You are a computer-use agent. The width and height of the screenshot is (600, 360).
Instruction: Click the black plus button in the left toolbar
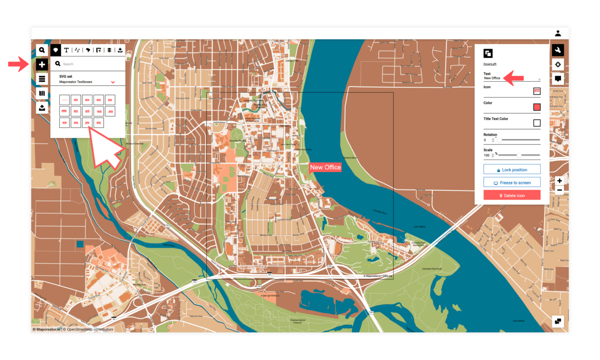42,64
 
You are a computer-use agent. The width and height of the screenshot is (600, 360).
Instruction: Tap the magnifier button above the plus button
42,50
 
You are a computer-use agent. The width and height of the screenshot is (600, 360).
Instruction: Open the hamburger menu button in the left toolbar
42,79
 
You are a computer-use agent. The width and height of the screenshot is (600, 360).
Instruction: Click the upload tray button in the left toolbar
42,108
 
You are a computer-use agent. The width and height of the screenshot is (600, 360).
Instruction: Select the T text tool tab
66,50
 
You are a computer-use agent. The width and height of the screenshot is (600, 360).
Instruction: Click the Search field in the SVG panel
90,64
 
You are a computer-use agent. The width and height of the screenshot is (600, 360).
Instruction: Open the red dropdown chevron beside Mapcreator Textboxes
113,82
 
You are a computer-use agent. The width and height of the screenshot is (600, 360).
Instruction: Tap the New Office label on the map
325,168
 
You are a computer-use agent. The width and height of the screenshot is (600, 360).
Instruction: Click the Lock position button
512,170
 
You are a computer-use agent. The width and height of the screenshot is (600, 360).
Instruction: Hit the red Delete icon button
512,195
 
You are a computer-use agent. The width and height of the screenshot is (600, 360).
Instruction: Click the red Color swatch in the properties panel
537,107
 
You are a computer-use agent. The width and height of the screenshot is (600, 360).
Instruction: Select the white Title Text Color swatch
537,123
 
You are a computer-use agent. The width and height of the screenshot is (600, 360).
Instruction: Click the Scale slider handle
519,155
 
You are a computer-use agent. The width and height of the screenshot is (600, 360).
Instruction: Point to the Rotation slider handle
500,140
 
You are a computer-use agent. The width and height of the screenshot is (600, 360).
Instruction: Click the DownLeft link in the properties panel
490,64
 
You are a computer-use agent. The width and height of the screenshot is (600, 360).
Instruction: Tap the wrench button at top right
558,50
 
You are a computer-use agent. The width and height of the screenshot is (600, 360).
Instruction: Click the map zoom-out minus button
559,190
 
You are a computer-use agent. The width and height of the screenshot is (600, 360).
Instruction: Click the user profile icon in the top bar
558,33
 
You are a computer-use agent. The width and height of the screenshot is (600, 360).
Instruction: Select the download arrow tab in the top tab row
120,50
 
